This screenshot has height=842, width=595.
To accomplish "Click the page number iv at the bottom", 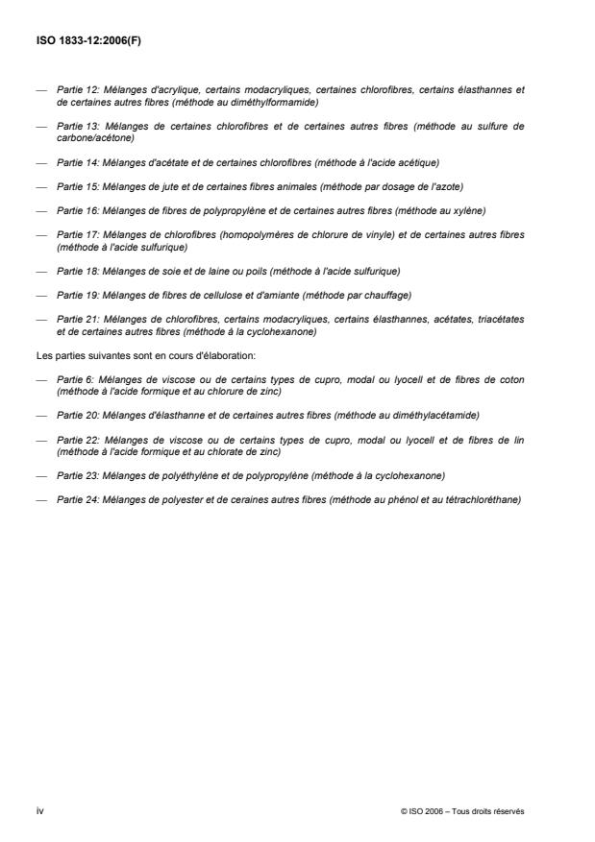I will tap(40, 811).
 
